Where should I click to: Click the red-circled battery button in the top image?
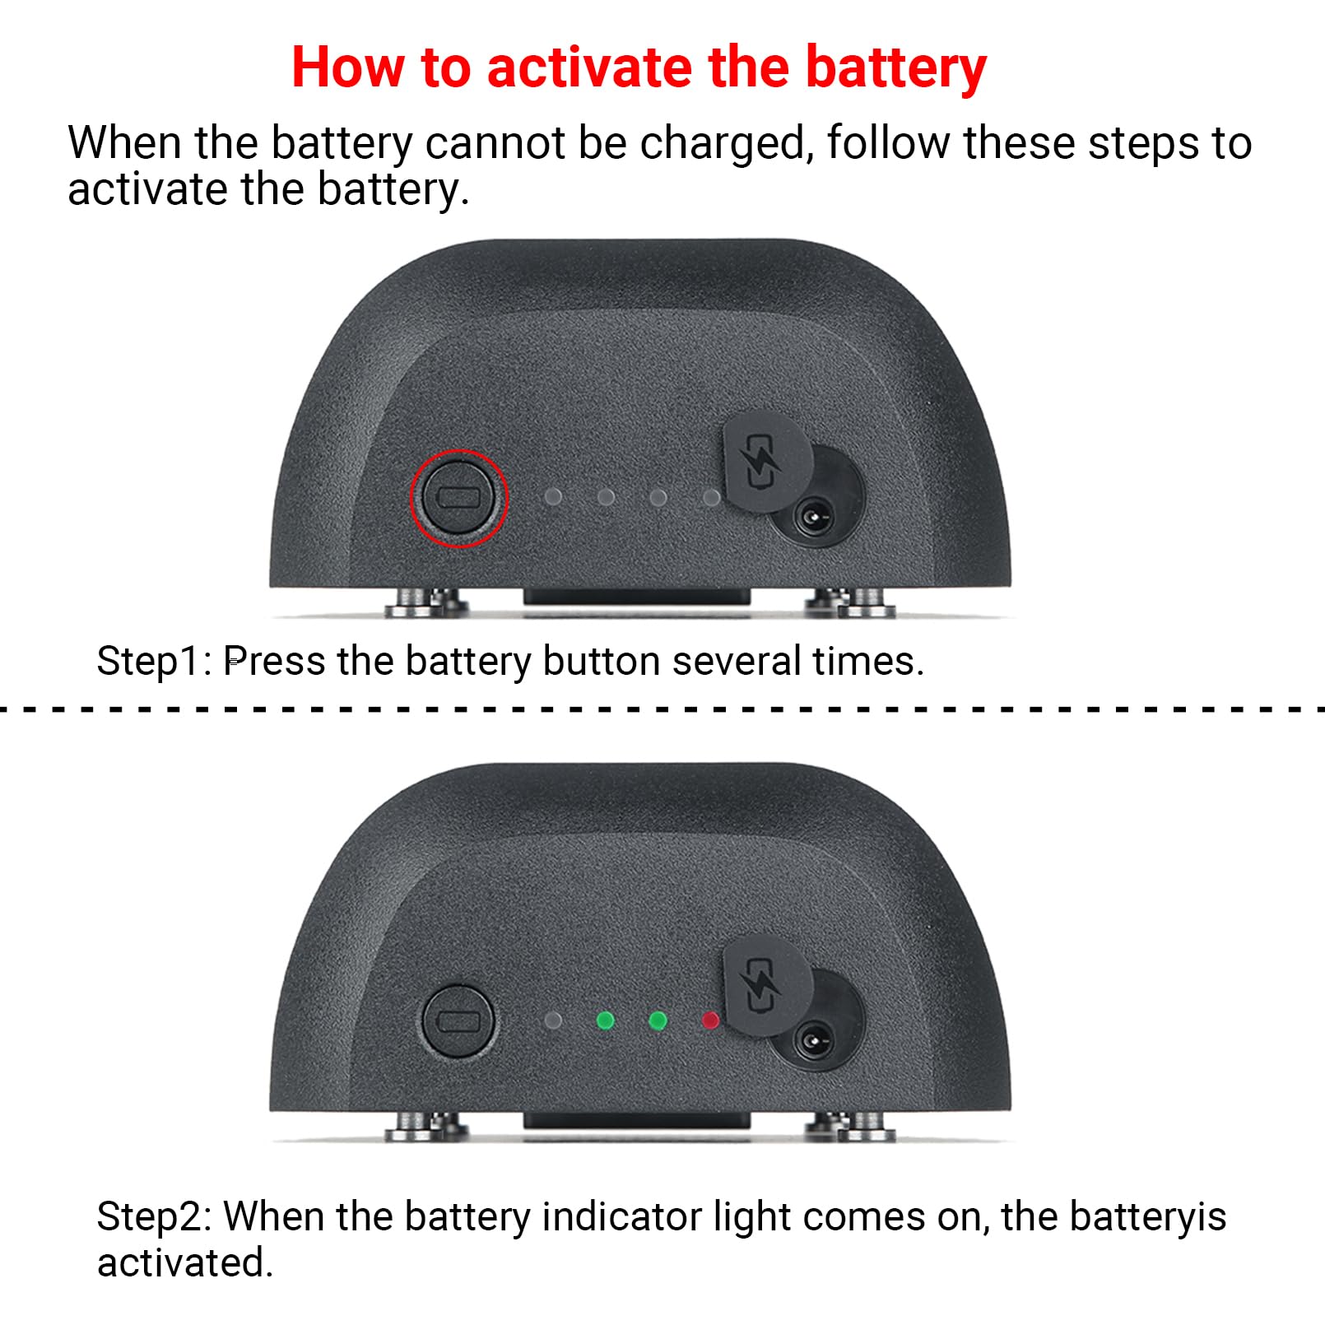[459, 497]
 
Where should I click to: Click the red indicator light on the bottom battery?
[709, 1020]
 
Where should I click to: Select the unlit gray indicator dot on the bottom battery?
[553, 1020]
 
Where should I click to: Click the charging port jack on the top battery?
[814, 519]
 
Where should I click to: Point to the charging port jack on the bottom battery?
[814, 1042]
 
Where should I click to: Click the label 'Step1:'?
[154, 661]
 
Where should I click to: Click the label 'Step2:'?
[154, 1216]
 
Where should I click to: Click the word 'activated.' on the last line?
[185, 1262]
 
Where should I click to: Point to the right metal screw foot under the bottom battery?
[852, 1125]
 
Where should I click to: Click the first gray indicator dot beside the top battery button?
[553, 497]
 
